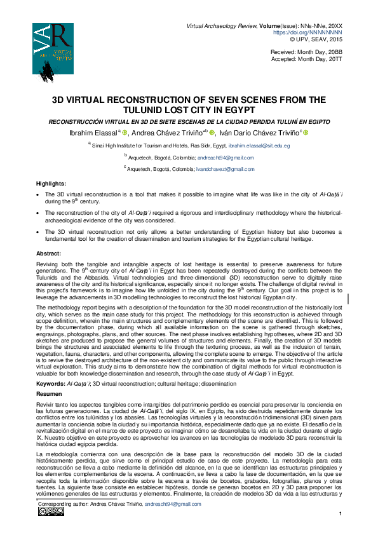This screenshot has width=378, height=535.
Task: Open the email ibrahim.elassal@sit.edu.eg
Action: click(x=259, y=146)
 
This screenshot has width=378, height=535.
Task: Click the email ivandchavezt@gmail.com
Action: click(x=226, y=169)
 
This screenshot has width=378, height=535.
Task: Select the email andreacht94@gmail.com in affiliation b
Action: click(x=222, y=157)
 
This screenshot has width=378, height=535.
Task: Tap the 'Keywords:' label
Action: click(x=50, y=366)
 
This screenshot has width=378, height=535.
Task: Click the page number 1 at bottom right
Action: click(x=341, y=513)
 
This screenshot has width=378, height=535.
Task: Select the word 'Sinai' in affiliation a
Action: click(x=100, y=146)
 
